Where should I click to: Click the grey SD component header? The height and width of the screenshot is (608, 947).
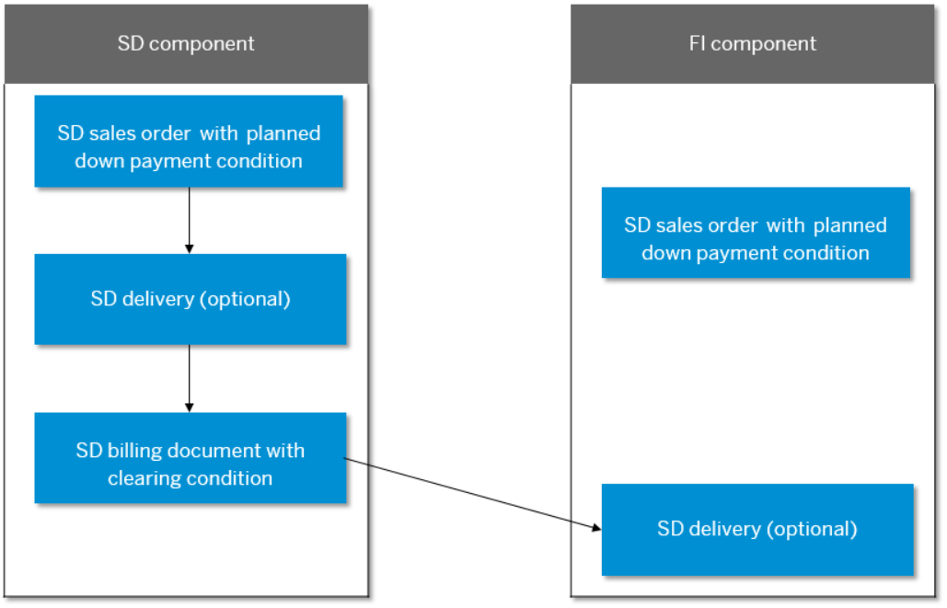click(186, 44)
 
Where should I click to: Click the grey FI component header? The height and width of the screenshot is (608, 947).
click(752, 44)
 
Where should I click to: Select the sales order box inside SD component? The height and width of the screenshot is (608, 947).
click(189, 142)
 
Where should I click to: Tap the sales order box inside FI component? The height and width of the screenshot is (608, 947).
click(756, 233)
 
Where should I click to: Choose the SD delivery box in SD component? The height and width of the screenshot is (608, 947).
click(191, 299)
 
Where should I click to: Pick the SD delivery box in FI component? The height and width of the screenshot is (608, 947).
click(757, 529)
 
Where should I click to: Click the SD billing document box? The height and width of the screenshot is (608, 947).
click(191, 457)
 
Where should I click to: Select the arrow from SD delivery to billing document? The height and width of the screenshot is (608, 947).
click(190, 377)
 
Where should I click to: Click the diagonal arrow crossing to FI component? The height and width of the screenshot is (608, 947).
click(469, 493)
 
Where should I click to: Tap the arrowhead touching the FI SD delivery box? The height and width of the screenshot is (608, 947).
click(595, 528)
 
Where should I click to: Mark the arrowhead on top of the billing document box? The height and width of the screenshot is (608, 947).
click(190, 407)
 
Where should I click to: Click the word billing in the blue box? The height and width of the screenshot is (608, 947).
click(129, 451)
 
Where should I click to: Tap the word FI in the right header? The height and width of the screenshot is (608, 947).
click(698, 44)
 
